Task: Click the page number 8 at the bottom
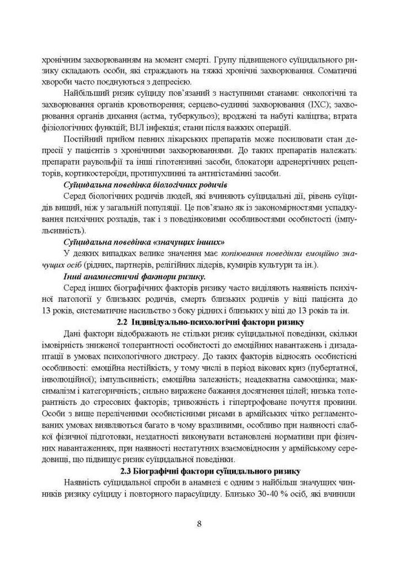pyautogui.click(x=199, y=522)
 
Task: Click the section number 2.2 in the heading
pyautogui.click(x=124, y=322)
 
